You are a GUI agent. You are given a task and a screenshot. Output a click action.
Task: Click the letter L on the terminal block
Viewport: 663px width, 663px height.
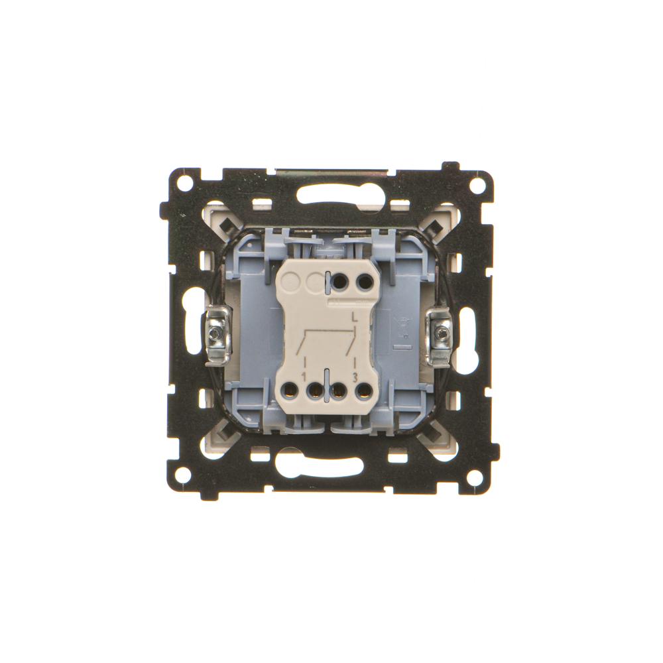pyautogui.click(x=355, y=316)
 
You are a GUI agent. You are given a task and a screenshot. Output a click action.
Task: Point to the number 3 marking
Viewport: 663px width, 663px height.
pyautogui.click(x=355, y=375)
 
